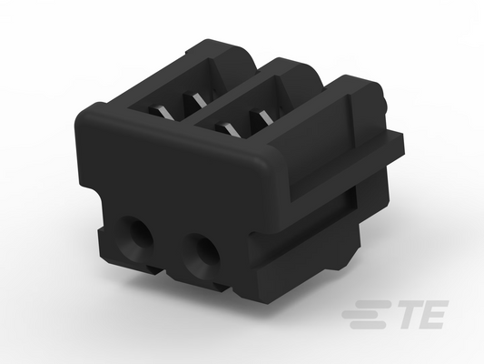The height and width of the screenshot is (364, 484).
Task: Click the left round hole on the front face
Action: [x=134, y=236]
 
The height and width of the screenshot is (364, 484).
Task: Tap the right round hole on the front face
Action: [x=202, y=252]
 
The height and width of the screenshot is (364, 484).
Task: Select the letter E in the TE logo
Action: [x=431, y=315]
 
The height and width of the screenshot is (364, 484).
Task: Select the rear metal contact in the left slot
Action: [x=196, y=99]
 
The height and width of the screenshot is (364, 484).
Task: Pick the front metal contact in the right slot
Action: [x=229, y=129]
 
